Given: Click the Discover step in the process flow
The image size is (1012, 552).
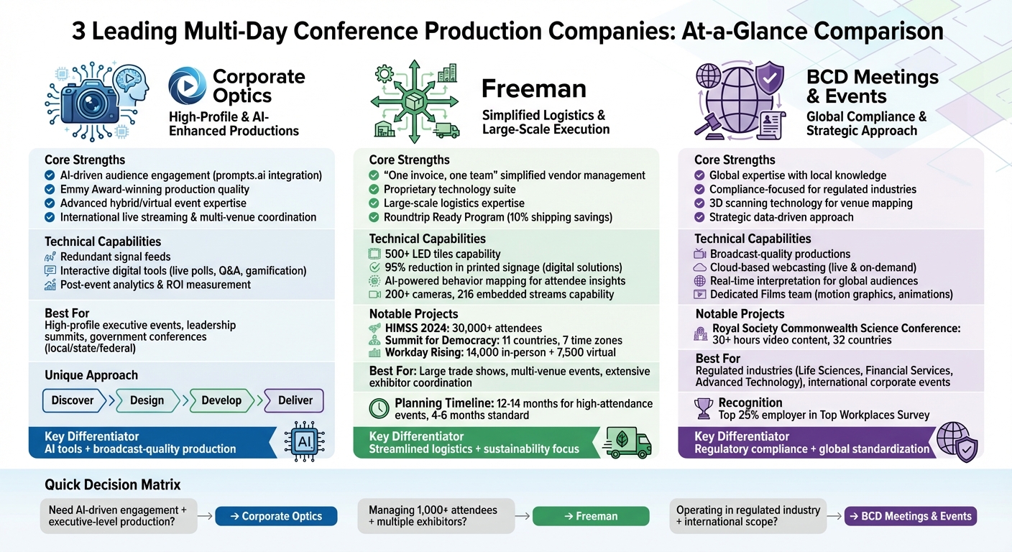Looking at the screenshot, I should coord(73,400).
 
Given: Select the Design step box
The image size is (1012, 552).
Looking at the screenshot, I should coord(147,400).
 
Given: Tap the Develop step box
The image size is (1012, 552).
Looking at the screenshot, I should coord(221,400).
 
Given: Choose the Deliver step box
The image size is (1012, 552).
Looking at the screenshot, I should coord(295,400).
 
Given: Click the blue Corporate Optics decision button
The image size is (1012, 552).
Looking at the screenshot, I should coord(276,516).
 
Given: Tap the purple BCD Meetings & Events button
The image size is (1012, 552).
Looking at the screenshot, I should coord(910,516).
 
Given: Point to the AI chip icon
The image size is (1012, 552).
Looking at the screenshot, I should coord(305,441).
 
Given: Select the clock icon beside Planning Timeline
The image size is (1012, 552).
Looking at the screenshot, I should coord(379,409).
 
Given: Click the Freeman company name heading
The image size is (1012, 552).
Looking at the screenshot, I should coord(533,88).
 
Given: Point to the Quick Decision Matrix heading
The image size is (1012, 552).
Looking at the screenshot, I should coord(112,484).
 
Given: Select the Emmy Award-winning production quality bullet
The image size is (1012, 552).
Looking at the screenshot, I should coord(155,189).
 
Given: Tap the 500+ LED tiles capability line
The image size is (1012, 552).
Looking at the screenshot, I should coord(442,254).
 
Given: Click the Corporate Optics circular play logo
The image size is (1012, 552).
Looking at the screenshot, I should coord(188,86).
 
